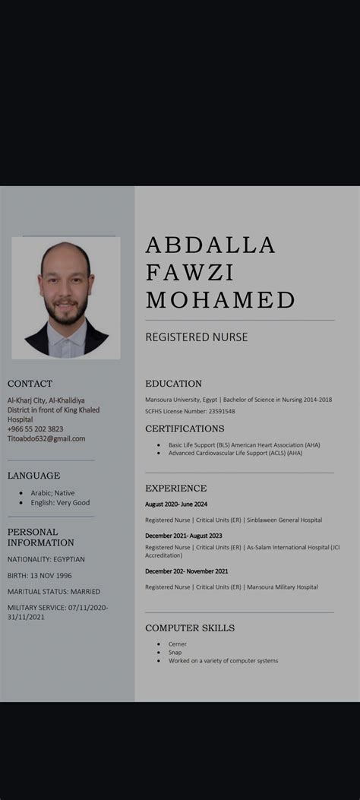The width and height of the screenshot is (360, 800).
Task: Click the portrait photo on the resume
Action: (x=65, y=298)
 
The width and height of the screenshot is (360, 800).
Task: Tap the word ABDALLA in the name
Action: (x=210, y=245)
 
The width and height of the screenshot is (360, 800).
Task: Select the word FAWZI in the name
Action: (x=190, y=273)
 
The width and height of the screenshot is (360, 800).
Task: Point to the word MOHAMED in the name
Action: (x=220, y=300)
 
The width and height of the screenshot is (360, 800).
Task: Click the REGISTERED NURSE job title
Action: (x=197, y=337)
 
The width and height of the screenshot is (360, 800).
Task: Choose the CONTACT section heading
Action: (x=30, y=384)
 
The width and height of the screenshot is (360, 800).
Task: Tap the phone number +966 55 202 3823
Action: (x=36, y=428)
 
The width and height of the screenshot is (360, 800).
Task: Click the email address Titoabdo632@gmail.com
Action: (x=46, y=438)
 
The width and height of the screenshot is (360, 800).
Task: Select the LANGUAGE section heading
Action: (x=33, y=476)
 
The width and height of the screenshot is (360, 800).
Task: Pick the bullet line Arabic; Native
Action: (x=52, y=493)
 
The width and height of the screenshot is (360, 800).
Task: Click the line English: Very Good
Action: (x=60, y=503)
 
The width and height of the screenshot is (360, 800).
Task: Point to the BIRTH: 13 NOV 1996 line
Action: (x=39, y=575)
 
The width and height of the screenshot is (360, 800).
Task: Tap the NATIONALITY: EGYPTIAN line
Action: (x=46, y=559)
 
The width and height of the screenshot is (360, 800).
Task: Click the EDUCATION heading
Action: (x=173, y=384)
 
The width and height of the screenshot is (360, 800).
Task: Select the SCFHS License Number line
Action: (x=190, y=411)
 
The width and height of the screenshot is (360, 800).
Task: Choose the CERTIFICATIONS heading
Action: (x=185, y=428)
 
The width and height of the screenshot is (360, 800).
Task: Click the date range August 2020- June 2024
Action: (x=176, y=504)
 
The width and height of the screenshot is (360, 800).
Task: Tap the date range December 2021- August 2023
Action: (x=184, y=536)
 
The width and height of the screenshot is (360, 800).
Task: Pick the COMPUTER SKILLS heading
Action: (x=190, y=628)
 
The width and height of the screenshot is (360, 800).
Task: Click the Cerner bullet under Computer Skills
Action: (x=177, y=644)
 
